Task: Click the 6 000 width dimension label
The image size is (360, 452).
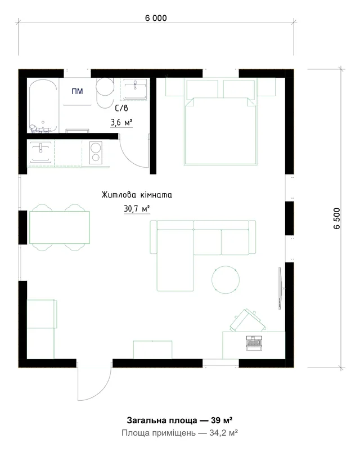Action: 156,18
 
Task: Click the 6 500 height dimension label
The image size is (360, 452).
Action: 337,218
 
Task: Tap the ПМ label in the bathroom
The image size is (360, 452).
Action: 77,91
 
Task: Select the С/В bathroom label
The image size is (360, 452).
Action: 121,109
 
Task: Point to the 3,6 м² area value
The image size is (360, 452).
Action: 121,123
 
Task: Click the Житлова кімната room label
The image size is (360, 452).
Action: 137,195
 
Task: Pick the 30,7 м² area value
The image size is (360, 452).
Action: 137,208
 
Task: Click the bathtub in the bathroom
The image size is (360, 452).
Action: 43,106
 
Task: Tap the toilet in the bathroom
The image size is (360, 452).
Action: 105,92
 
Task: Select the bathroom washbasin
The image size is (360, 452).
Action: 135,89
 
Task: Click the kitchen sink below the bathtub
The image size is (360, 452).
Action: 41,152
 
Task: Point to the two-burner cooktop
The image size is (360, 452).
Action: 96,153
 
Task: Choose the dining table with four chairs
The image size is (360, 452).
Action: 59,227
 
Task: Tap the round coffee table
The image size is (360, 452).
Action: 226,280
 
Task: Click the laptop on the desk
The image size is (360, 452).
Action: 254,343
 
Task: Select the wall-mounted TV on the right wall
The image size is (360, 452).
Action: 280,288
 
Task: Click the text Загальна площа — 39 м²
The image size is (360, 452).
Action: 179,420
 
